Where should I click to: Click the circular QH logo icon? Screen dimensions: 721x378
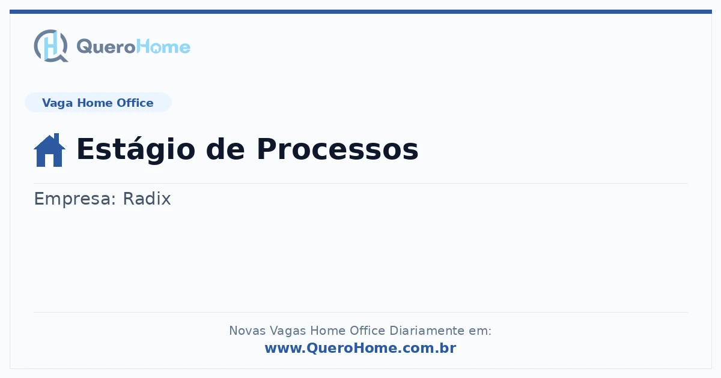point(51,46)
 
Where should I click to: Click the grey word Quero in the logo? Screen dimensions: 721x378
point(106,47)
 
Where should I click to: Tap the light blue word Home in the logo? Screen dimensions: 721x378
point(163,47)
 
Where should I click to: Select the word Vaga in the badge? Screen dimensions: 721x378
point(57,103)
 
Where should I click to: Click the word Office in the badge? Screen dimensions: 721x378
point(135,103)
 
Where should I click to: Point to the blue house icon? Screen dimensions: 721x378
point(49,150)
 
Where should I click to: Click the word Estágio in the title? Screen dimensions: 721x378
point(136,149)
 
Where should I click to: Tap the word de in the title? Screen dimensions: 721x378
point(225,149)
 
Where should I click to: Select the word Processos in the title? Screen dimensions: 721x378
point(337,149)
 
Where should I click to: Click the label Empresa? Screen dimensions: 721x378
point(75,199)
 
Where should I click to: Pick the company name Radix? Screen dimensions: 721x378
point(147,199)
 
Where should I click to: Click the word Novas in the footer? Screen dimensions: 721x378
point(247,331)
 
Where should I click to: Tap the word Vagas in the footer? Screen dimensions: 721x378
point(288,331)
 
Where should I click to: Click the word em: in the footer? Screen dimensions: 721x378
point(480,331)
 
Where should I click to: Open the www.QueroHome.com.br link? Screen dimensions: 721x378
point(360,348)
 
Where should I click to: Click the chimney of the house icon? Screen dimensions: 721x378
point(56,138)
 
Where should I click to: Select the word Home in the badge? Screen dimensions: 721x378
point(95,103)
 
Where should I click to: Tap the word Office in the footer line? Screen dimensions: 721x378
point(367,331)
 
